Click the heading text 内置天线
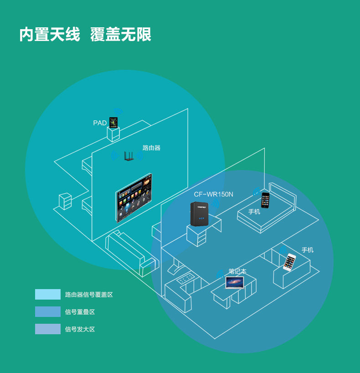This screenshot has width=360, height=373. [49, 35]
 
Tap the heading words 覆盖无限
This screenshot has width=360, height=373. [121, 35]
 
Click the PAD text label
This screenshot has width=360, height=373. [100, 123]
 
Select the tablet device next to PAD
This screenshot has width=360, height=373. [113, 122]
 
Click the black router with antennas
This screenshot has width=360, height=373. [128, 155]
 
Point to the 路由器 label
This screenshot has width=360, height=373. [151, 148]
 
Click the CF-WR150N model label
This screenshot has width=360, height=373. [213, 194]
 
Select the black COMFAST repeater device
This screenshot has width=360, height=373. [200, 213]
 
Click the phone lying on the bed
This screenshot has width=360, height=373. [265, 200]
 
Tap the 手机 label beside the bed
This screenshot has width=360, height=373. [254, 212]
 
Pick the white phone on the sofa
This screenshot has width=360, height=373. [290, 262]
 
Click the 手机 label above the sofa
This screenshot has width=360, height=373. [308, 250]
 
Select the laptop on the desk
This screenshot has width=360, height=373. [235, 282]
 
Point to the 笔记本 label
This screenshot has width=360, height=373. [237, 271]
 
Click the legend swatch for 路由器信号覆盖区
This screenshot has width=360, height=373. [48, 294]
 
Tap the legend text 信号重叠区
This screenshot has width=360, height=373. [80, 312]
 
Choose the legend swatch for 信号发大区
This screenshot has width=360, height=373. [48, 329]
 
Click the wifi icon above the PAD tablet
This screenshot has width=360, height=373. [118, 111]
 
